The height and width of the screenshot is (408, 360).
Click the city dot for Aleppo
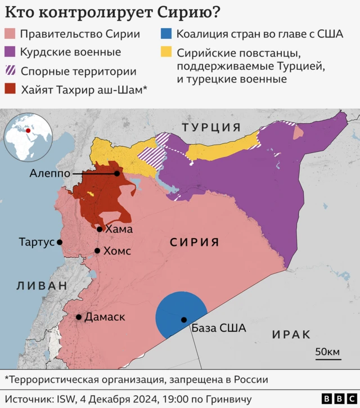coord(117,173)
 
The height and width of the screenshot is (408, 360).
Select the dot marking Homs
coord(97,251)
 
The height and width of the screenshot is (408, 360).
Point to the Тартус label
coord(36,242)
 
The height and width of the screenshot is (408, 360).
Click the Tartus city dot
coord(60,242)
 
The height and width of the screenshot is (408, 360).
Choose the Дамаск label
coord(105,317)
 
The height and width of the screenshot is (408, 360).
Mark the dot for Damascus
coord(79,317)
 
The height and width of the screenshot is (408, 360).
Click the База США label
coord(218,328)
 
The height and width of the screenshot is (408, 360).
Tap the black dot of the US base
coord(184,320)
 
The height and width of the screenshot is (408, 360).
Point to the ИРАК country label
coord(291,334)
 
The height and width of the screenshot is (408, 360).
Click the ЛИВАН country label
coord(42,285)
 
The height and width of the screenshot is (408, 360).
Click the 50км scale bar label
coord(327,352)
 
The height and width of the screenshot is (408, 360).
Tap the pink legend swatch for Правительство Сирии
coord(10,34)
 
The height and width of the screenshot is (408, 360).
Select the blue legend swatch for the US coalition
coord(166,34)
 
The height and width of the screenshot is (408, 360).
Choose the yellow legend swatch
coord(166,53)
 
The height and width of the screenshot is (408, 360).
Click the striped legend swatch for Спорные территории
coord(10,71)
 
